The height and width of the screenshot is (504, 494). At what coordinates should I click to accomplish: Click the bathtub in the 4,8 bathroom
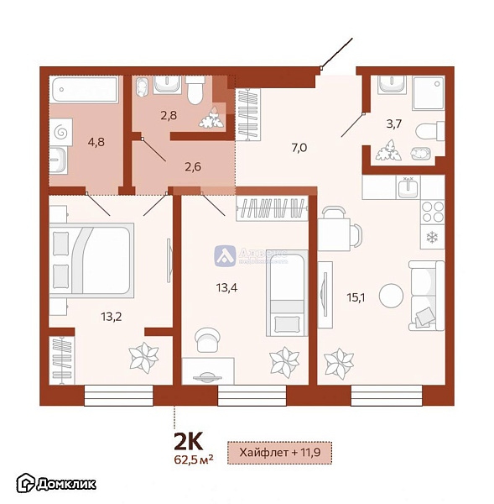coord(84,88)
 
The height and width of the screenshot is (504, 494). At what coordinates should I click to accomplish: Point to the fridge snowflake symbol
coord(432,237)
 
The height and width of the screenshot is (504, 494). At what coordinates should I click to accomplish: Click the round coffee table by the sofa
coord(391,296)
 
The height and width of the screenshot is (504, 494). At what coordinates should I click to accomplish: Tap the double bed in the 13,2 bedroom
coord(91,260)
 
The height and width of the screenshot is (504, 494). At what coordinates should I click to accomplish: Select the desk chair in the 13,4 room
coord(205,339)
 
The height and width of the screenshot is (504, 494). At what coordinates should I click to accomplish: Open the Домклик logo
coord(56,483)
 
